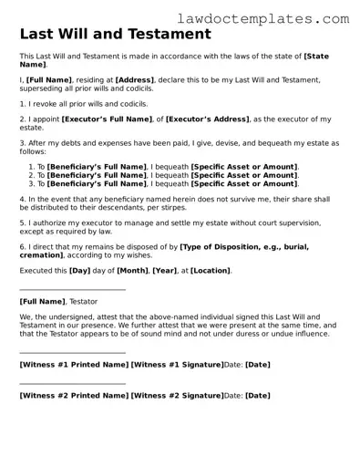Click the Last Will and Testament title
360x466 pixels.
click(x=115, y=35)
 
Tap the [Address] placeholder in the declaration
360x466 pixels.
click(x=134, y=80)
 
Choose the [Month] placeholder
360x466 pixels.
click(x=132, y=271)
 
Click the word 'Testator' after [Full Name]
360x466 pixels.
click(x=83, y=301)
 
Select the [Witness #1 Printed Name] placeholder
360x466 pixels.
click(x=74, y=365)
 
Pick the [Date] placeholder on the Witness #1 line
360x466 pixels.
click(x=257, y=365)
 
